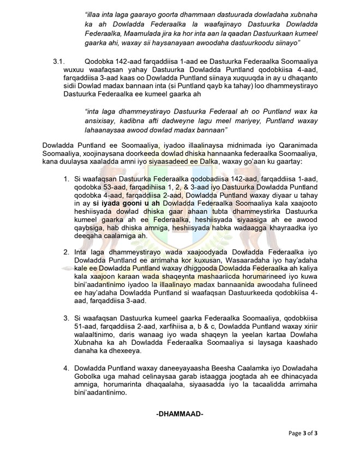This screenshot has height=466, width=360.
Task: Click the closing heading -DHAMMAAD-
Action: [x=179, y=415]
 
